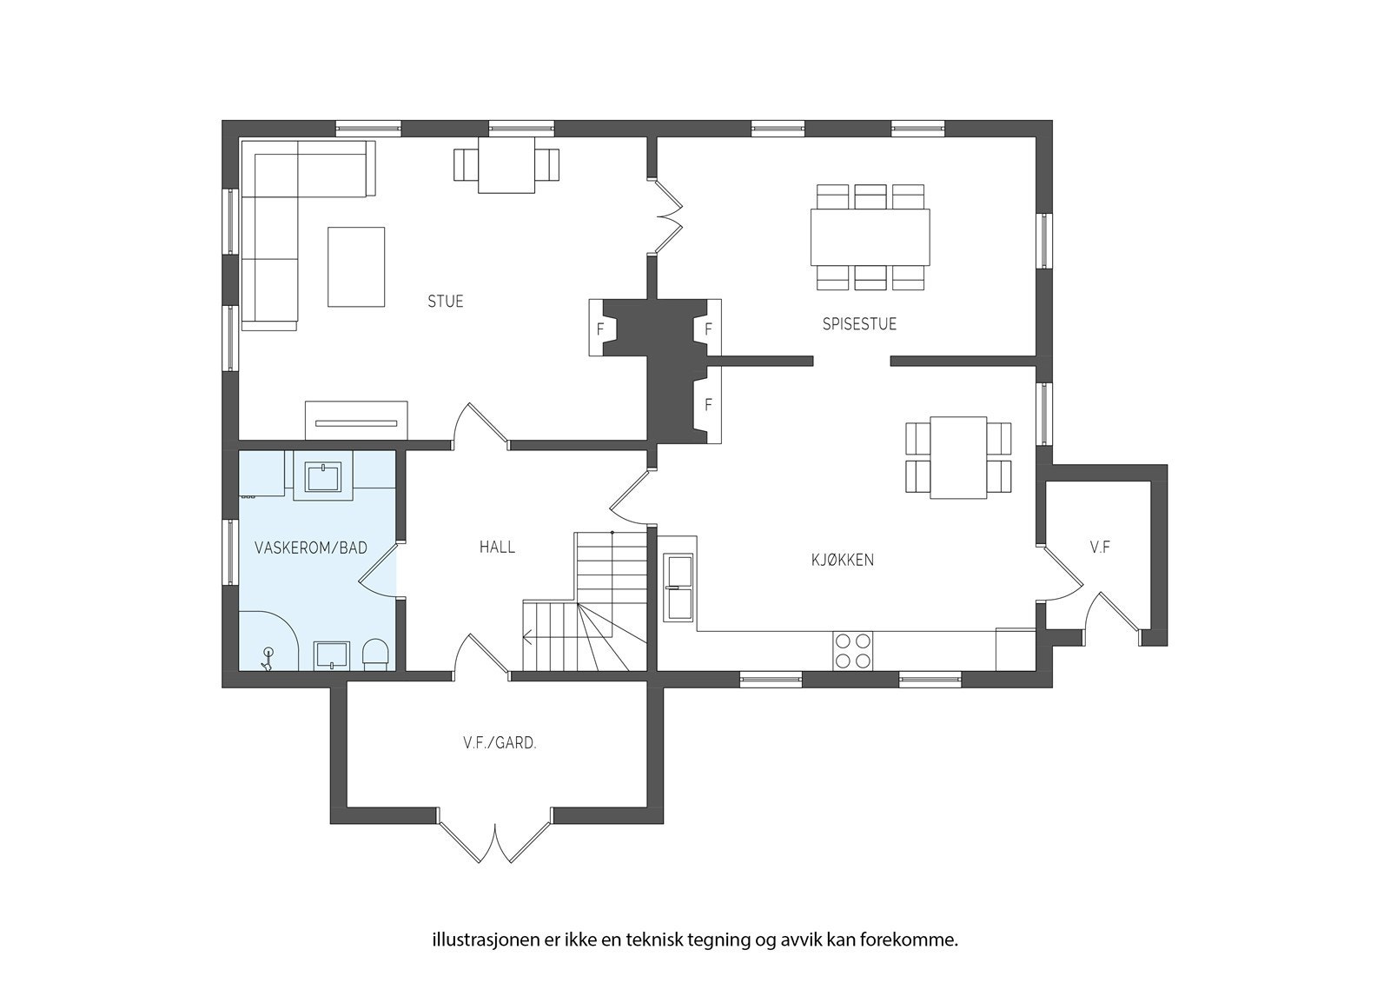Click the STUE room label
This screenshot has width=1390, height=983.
[x=446, y=302]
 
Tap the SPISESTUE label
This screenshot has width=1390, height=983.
[x=859, y=323]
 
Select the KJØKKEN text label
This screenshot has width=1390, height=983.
[x=843, y=560]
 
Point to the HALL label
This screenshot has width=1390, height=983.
[x=497, y=547]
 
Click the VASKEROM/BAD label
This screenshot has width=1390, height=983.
[x=311, y=548]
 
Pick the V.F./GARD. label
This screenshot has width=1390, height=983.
[x=500, y=743]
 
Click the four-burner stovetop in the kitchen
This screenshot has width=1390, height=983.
[x=852, y=651]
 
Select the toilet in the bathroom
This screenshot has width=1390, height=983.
[x=374, y=654]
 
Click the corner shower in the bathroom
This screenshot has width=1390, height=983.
[x=268, y=641]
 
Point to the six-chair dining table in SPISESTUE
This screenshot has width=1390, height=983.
[x=870, y=237]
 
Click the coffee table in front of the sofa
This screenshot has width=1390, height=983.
[x=356, y=267]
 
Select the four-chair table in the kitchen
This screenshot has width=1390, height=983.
[x=958, y=458]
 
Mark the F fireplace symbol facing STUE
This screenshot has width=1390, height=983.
[x=600, y=329]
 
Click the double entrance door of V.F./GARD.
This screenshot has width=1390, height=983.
[x=495, y=835]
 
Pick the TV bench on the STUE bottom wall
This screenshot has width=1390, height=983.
[x=356, y=421]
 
